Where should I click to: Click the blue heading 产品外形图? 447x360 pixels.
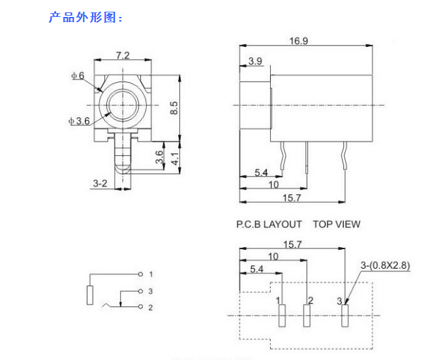point(85,18)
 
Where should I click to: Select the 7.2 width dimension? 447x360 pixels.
point(123,55)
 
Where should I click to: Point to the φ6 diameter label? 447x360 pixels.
point(78,76)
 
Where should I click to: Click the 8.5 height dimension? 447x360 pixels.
point(174,108)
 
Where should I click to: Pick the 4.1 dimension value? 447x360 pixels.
point(174,158)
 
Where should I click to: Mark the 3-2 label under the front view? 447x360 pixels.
point(99,183)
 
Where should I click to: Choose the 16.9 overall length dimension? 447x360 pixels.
point(299,40)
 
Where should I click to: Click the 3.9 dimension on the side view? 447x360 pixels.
point(255,61)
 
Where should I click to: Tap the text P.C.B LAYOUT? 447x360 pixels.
point(269,224)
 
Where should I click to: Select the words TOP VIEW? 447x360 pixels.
point(336,224)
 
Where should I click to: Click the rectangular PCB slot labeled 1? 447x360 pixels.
point(282,316)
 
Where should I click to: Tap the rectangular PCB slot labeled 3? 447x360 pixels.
point(345,316)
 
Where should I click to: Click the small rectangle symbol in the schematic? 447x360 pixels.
point(90,295)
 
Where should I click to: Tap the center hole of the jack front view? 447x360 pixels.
point(123,104)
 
